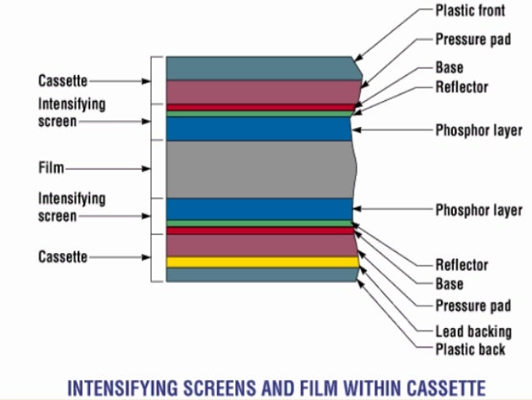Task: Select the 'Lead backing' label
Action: [473, 331]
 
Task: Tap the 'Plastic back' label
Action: [470, 349]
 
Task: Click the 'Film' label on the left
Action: [51, 167]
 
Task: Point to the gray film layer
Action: [258, 169]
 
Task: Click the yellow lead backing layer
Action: [258, 262]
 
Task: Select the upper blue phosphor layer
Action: [258, 129]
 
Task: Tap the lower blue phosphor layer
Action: [258, 209]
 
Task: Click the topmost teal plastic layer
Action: [258, 68]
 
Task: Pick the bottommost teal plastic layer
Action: [258, 275]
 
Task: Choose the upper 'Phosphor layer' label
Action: [479, 130]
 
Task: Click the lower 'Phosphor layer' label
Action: [479, 210]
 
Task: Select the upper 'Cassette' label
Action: [63, 81]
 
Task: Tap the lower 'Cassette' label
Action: [63, 257]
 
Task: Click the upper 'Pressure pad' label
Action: [473, 39]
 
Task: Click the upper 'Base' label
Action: [449, 68]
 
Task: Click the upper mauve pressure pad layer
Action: [258, 91]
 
